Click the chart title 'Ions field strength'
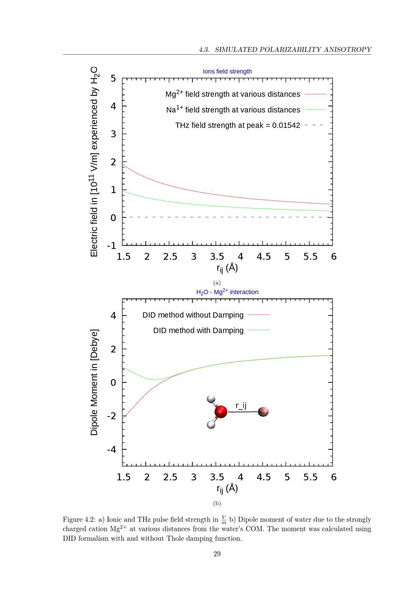pos(227,71)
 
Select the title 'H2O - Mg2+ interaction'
pos(227,292)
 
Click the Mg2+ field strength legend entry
pos(233,94)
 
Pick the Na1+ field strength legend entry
pos(233,110)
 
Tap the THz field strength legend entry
pos(237,125)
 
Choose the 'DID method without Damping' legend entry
pos(193,315)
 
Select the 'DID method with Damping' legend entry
pos(198,331)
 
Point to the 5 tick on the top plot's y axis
pos(113,79)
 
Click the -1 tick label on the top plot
pos(111,246)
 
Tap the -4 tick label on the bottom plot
pos(111,450)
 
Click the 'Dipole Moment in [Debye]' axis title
pos(94,382)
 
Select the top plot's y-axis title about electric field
pos(94,162)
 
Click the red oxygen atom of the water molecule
pos(221,412)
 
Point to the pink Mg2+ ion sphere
pos(263,412)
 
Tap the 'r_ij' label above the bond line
pos(241,405)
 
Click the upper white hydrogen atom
pos(211,399)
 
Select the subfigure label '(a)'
pos(217,283)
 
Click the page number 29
pos(217,554)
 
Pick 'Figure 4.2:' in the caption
pos(79,520)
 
